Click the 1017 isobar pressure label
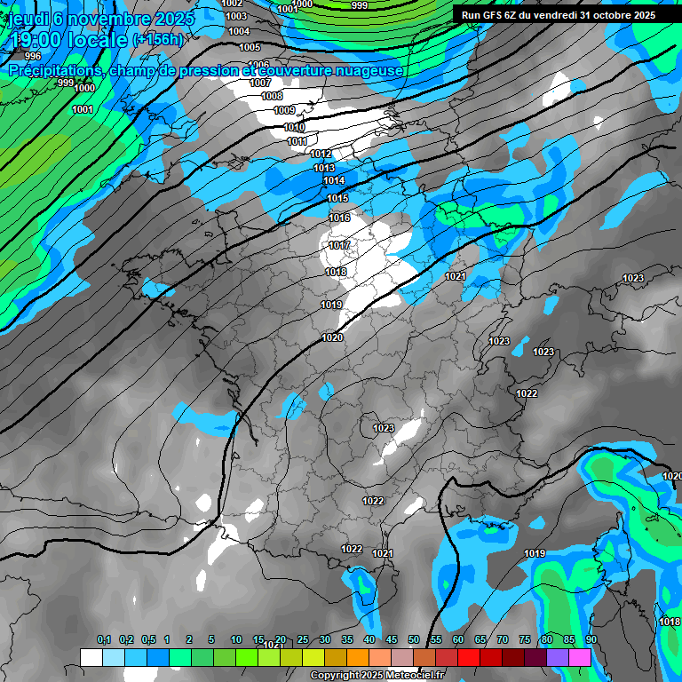click(x=338, y=245)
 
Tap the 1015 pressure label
click(x=337, y=198)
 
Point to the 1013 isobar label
click(x=323, y=168)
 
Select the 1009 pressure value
click(x=284, y=110)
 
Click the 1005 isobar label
click(x=250, y=47)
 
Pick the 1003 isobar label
click(x=236, y=16)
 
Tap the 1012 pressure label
click(x=321, y=155)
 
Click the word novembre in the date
click(x=111, y=19)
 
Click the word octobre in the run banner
click(x=607, y=15)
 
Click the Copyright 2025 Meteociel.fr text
click(x=377, y=676)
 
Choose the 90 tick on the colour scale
click(x=591, y=640)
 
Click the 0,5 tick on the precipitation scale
click(x=147, y=640)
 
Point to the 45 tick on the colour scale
click(x=392, y=640)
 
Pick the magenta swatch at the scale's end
click(x=580, y=657)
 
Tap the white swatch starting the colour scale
click(x=91, y=657)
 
